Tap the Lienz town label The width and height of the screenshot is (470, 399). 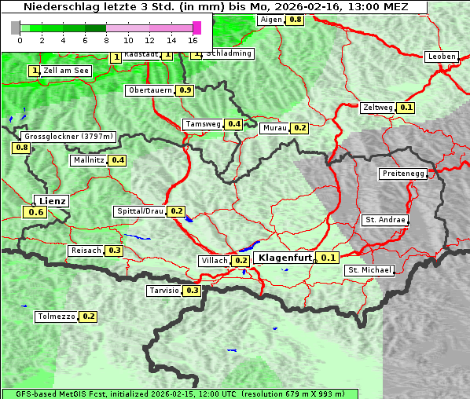pyautogui.click(x=53, y=201)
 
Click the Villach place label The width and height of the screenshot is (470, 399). pyautogui.click(x=214, y=260)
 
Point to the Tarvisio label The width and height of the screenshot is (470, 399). pyautogui.click(x=163, y=291)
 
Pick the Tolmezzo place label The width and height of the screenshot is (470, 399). pyautogui.click(x=56, y=317)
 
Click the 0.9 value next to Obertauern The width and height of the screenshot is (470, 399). pyautogui.click(x=185, y=90)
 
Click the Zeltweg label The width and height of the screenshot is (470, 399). pyautogui.click(x=378, y=108)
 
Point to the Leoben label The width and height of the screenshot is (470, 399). pyautogui.click(x=442, y=57)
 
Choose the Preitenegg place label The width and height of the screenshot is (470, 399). pyautogui.click(x=403, y=174)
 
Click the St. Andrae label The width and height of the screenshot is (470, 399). pyautogui.click(x=384, y=220)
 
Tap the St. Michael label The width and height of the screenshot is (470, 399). pyautogui.click(x=369, y=270)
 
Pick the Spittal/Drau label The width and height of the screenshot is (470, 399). pyautogui.click(x=140, y=211)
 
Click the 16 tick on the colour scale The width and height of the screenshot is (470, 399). pyautogui.click(x=193, y=40)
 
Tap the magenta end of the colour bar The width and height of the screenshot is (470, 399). pyautogui.click(x=196, y=27)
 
